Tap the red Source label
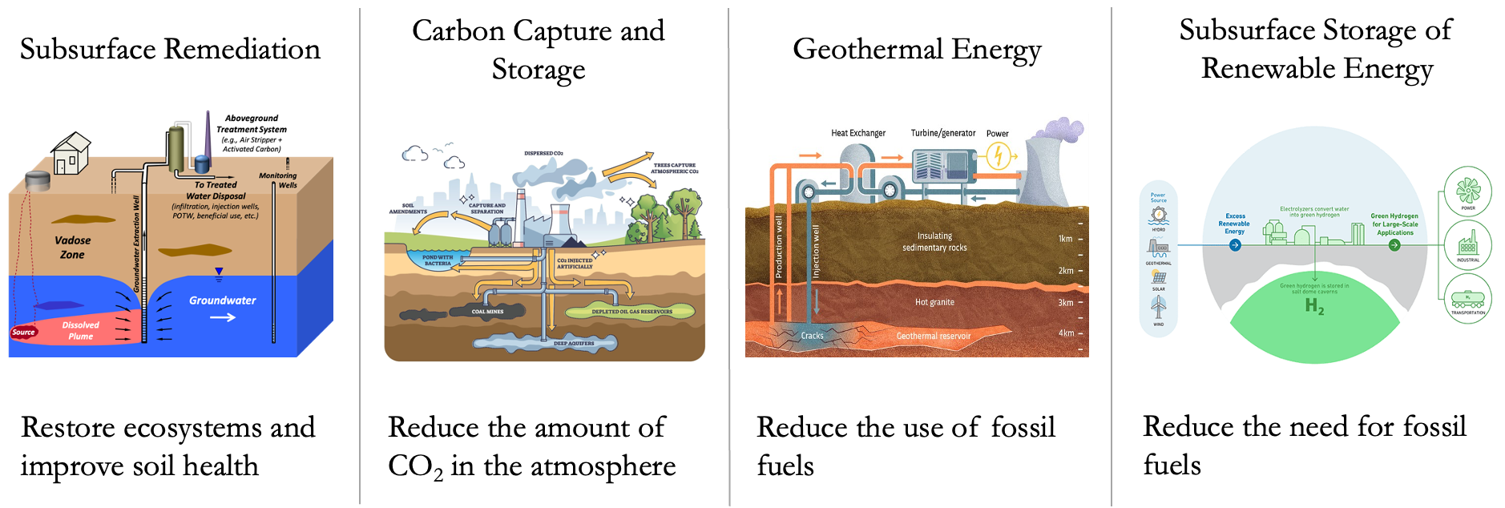coord(23,332)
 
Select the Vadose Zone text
coord(72,247)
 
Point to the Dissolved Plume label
coord(81,330)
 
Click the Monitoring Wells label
coord(278,180)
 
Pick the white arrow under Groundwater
coord(223,317)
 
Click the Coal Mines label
coord(487,312)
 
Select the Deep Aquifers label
coord(574,343)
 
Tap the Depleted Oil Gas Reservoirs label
coord(631,312)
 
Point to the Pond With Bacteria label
coord(438,260)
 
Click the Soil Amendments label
coord(408,208)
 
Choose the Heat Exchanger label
coord(858,133)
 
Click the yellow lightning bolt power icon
coord(999,155)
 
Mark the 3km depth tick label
coord(1065,303)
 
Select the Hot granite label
coord(934,302)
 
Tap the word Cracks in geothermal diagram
coord(812,336)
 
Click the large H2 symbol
coord(1314,306)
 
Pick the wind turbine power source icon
coord(1159,306)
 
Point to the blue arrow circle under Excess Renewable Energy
coord(1235,245)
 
